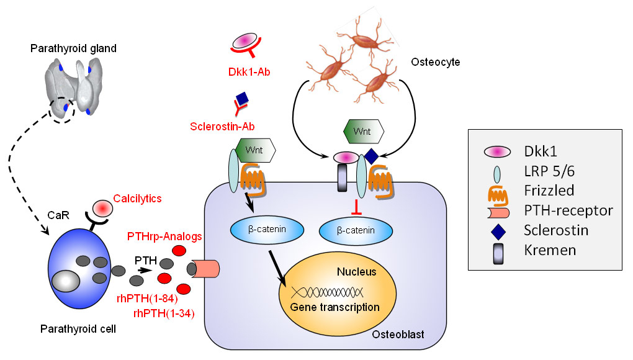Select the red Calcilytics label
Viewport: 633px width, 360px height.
[x=138, y=199]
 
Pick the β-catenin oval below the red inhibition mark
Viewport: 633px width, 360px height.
[x=356, y=230]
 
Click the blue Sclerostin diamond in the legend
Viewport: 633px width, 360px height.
[x=490, y=231]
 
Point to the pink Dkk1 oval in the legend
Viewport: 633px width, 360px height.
[x=490, y=151]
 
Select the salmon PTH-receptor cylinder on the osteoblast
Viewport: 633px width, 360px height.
[x=207, y=269]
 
